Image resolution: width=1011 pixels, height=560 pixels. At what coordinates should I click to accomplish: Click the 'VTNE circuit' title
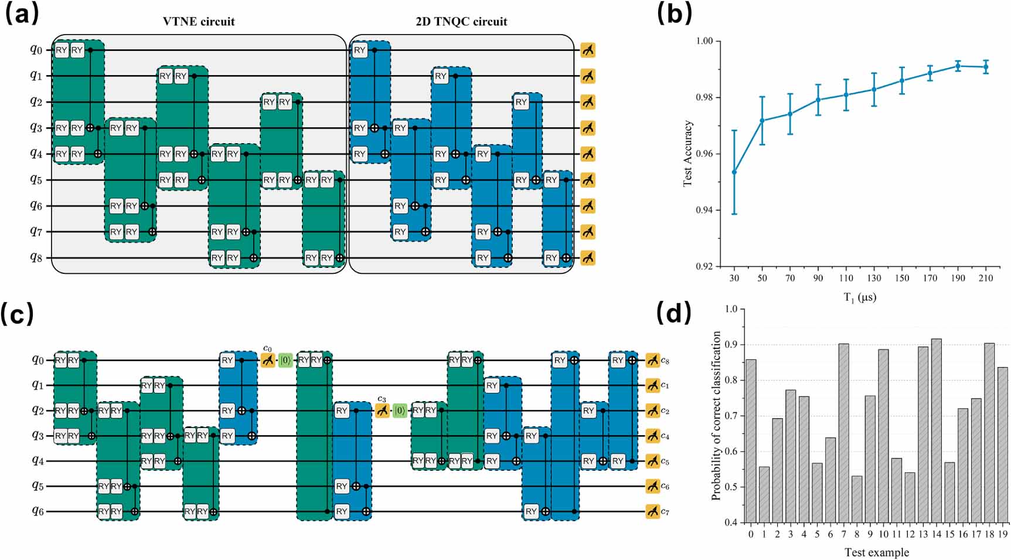point(198,22)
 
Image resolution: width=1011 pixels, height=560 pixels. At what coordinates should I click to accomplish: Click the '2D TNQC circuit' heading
point(461,22)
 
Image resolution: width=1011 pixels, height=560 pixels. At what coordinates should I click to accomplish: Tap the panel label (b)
point(674,13)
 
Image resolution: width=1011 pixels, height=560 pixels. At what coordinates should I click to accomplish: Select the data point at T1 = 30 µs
point(734,172)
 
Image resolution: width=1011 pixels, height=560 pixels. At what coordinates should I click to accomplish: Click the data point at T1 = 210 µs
point(986,67)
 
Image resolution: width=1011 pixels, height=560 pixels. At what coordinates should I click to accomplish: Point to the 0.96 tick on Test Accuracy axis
point(704,154)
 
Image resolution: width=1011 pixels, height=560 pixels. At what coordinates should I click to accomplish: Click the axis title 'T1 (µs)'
point(860,297)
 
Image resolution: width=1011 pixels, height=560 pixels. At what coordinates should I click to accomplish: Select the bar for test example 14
point(936,430)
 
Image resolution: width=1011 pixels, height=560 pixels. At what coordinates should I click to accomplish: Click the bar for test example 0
point(751,441)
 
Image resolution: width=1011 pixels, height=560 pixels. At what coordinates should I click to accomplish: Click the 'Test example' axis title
point(876,552)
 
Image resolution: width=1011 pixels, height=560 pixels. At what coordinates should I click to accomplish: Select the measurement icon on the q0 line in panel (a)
point(588,50)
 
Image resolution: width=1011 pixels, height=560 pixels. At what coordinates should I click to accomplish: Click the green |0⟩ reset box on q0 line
point(285,360)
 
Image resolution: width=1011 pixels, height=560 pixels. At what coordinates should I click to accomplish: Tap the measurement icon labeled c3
point(382,410)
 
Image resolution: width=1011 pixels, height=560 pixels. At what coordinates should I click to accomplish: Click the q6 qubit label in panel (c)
point(38,511)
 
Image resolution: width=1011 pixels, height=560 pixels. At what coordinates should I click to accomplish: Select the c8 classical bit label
point(665,361)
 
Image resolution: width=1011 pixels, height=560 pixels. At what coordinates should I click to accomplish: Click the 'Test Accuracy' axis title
point(688,154)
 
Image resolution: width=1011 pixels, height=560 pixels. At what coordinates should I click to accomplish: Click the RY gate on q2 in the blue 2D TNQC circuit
point(521,102)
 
